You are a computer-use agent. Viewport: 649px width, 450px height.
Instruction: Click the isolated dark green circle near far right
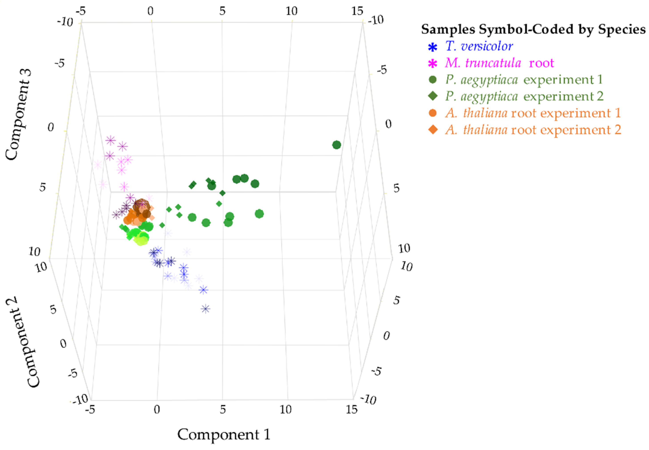click(x=336, y=145)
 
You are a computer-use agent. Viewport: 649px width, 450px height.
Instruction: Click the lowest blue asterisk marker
click(x=206, y=309)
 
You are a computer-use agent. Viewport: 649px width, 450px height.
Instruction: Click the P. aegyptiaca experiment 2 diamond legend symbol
click(x=433, y=96)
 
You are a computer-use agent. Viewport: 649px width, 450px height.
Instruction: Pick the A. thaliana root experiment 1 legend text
click(x=533, y=113)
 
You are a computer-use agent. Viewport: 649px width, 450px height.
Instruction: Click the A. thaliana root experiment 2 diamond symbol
click(x=433, y=130)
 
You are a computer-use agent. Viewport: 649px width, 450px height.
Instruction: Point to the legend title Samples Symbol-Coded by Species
click(x=533, y=29)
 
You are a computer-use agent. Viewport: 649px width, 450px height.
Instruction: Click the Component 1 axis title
click(x=223, y=434)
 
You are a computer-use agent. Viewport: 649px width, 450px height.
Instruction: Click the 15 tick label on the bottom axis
click(x=352, y=410)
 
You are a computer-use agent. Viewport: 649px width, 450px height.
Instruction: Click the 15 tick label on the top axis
click(x=357, y=11)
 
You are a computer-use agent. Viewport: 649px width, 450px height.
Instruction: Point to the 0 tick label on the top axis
click(x=150, y=11)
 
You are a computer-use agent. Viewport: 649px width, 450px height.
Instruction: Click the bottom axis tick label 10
click(x=286, y=410)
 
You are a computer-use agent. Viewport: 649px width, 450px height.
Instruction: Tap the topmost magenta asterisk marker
click(x=111, y=140)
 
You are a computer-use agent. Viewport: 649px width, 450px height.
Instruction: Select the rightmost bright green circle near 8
click(x=259, y=214)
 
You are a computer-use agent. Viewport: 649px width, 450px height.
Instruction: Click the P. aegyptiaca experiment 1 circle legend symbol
click(x=433, y=80)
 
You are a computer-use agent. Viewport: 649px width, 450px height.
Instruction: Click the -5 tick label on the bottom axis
click(x=90, y=410)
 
